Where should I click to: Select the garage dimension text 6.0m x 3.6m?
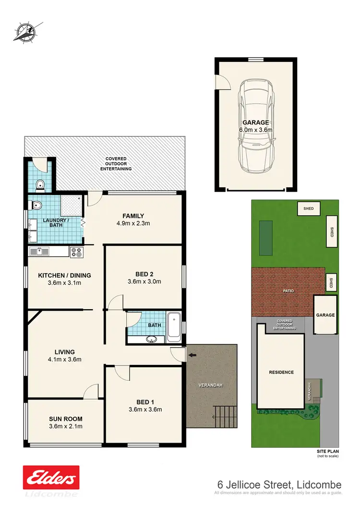(x=255, y=130)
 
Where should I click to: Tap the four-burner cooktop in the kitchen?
(x=76, y=252)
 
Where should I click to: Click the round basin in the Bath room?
(x=152, y=339)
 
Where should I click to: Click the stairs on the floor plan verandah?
(x=224, y=415)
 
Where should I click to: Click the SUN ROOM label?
(x=66, y=418)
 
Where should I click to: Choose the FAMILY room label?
(x=133, y=216)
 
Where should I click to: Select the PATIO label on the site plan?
(x=288, y=291)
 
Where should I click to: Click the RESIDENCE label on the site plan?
(x=281, y=372)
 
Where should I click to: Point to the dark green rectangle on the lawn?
(x=265, y=238)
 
